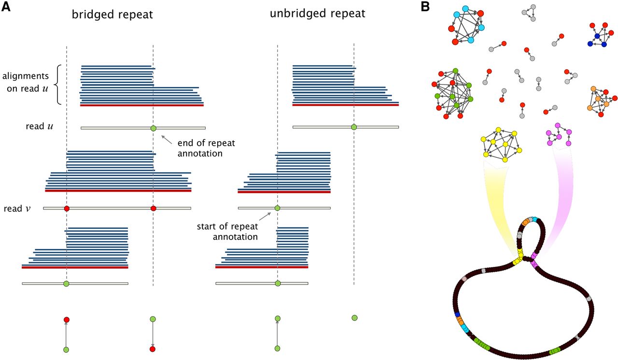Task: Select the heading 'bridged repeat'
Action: click(x=112, y=14)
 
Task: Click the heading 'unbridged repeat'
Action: click(x=317, y=14)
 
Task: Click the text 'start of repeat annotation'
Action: click(x=227, y=232)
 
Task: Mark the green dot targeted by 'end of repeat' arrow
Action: click(x=154, y=128)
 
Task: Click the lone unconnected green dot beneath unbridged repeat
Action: click(x=354, y=318)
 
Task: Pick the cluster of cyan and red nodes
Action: click(x=465, y=27)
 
